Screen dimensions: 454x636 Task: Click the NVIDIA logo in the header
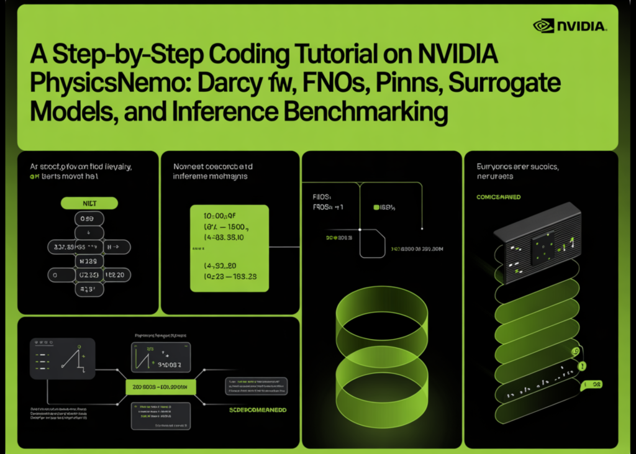[x=569, y=26]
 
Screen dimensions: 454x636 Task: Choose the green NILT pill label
[x=88, y=203]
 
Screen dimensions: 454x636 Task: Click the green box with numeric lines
[x=229, y=248]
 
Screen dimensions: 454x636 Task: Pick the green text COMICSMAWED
[x=499, y=197]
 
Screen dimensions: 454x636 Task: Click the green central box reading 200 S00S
[x=161, y=388]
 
